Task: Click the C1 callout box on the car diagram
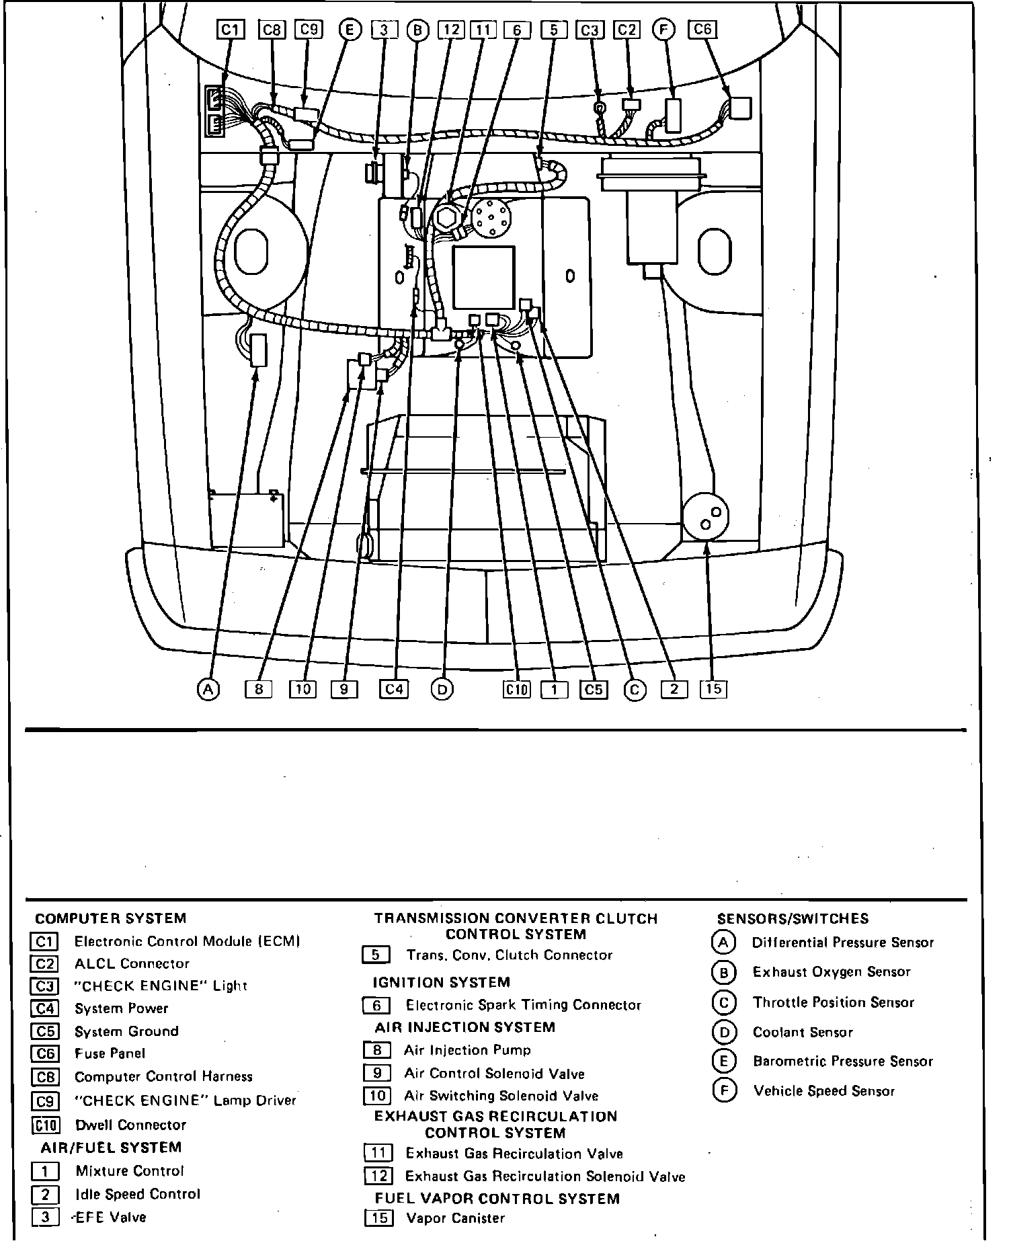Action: click(x=231, y=29)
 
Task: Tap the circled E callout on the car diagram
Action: click(x=350, y=29)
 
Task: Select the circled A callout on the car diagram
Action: click(x=208, y=689)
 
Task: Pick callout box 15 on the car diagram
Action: click(x=713, y=688)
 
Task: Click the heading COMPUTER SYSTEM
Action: click(x=110, y=918)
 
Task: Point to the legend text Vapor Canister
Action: click(x=455, y=1218)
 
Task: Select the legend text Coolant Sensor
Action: click(x=803, y=1032)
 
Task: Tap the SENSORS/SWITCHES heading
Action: click(x=793, y=919)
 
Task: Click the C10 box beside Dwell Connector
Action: click(x=45, y=1125)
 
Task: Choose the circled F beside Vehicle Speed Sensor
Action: click(x=723, y=1090)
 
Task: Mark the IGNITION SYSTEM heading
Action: click(x=441, y=983)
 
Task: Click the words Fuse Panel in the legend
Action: click(x=110, y=1053)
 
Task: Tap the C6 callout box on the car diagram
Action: click(x=702, y=29)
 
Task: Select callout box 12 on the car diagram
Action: click(x=450, y=30)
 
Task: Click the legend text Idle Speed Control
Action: click(x=138, y=1194)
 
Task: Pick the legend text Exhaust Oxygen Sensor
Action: click(x=832, y=972)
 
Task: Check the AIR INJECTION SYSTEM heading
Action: click(x=464, y=1027)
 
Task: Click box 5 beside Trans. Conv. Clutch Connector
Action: click(x=376, y=955)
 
